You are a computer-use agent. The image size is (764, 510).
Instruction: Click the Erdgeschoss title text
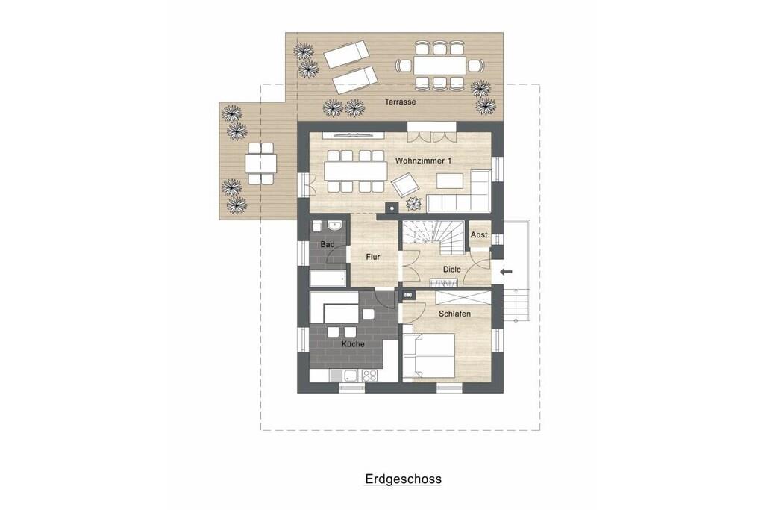click(x=404, y=479)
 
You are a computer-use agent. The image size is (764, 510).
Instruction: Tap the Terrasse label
click(x=400, y=102)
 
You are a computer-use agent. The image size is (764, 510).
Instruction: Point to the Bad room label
click(x=328, y=243)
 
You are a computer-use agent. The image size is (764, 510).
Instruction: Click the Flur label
click(x=373, y=256)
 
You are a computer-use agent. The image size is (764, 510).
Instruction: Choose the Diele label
click(x=451, y=269)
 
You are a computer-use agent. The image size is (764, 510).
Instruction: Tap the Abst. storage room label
click(x=480, y=235)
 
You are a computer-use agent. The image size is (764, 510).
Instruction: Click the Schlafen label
click(x=454, y=314)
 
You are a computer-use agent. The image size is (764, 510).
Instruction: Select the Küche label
click(x=353, y=343)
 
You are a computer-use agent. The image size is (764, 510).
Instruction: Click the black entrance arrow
click(x=507, y=272)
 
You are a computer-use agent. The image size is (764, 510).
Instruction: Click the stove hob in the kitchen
click(x=369, y=376)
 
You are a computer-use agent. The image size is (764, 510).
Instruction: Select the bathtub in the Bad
click(x=328, y=279)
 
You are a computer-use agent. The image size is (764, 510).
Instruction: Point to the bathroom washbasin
click(x=335, y=226)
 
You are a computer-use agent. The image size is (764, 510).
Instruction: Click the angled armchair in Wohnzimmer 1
click(x=405, y=184)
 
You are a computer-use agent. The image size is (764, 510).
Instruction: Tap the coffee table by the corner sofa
click(x=450, y=181)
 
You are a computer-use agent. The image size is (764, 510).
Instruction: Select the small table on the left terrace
click(x=260, y=163)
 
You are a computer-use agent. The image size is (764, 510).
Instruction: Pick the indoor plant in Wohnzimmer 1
click(x=414, y=202)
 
